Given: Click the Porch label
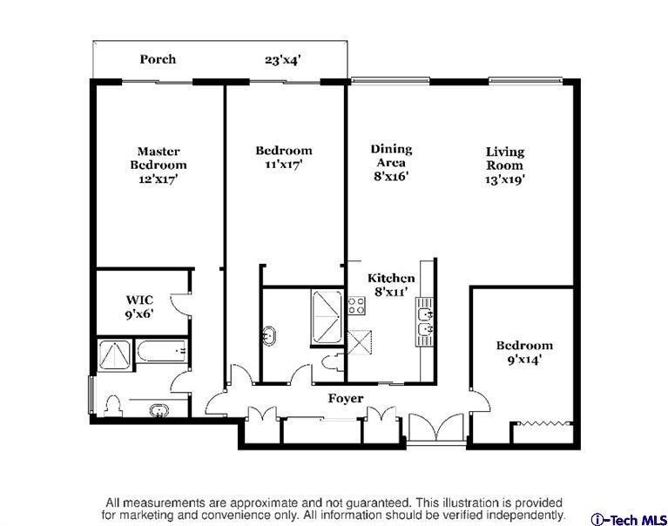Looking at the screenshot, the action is tap(158, 59).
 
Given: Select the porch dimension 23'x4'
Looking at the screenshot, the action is tap(283, 59).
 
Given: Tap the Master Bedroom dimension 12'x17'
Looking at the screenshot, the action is tap(158, 179).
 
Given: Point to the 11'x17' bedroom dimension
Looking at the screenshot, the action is tap(284, 164).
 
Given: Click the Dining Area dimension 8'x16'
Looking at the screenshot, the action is tap(392, 175).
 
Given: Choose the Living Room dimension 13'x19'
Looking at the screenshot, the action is tap(504, 179).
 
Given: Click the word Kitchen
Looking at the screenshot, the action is tap(391, 278).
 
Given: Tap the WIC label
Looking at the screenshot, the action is tap(139, 300).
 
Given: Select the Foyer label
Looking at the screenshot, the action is tap(346, 399).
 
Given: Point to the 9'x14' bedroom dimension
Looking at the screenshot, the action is tap(524, 360).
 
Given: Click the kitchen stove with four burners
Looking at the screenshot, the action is tap(356, 306).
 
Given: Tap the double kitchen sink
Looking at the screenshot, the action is tap(425, 321).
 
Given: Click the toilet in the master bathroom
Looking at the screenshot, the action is tap(113, 406).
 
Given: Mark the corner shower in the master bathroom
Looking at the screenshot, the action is tap(114, 355).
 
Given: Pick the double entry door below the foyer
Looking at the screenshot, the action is tap(435, 428).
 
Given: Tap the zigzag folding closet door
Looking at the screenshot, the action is tap(541, 423).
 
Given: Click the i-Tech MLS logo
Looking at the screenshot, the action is tap(629, 520).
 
